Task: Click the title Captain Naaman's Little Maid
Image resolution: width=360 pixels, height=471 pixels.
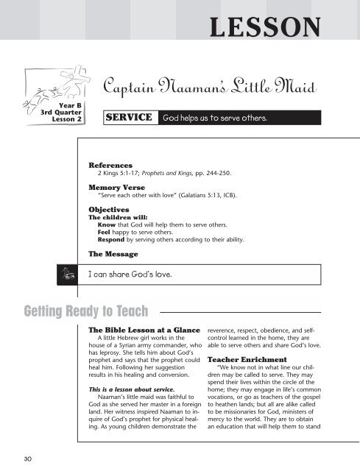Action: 209,91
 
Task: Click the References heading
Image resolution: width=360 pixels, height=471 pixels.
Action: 110,166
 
